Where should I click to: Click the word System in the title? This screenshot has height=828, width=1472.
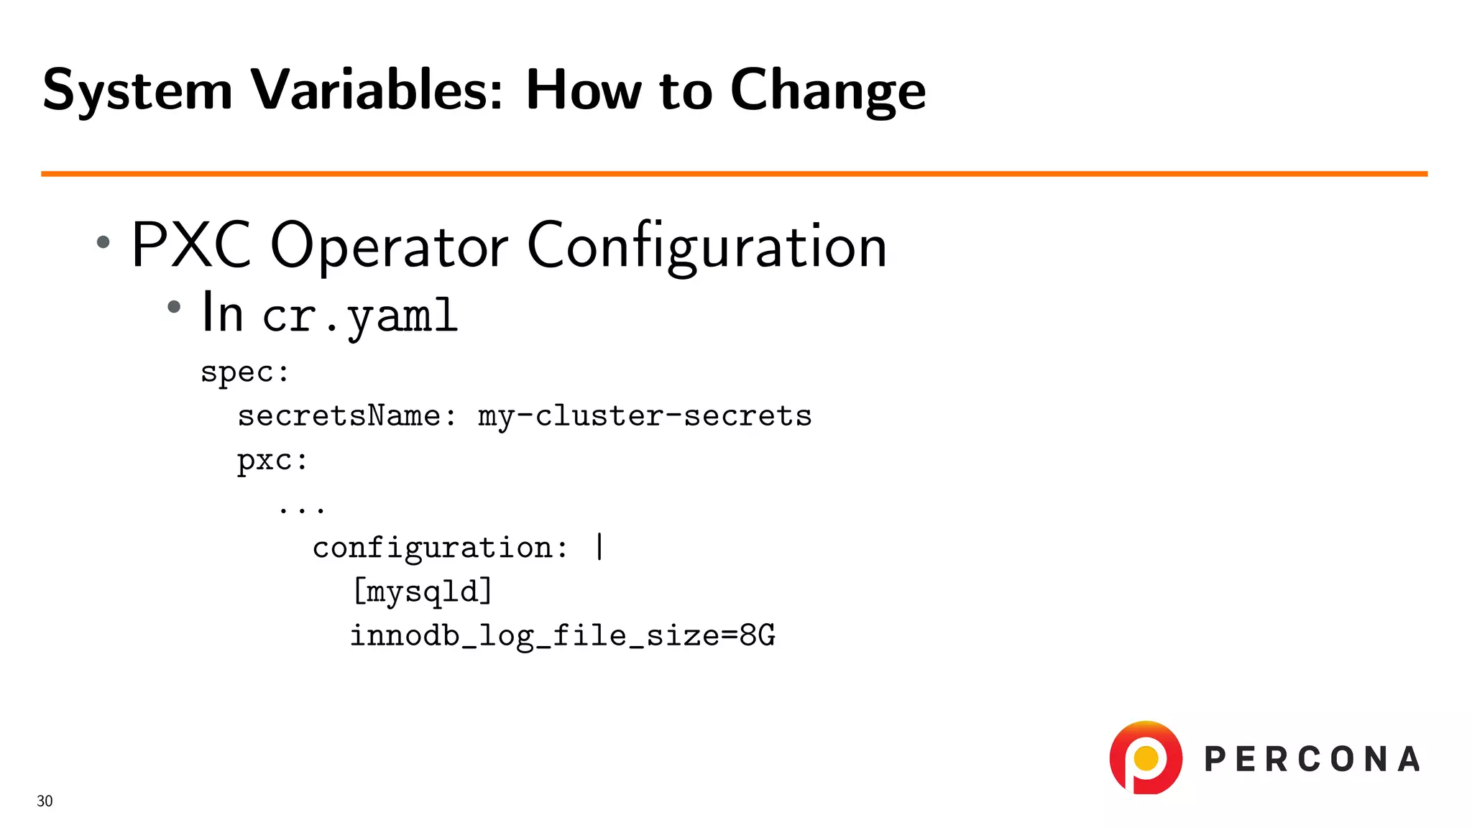pyautogui.click(x=137, y=91)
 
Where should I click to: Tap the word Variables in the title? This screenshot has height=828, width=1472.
pyautogui.click(x=377, y=90)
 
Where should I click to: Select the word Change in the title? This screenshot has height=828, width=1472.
pyautogui.click(x=828, y=91)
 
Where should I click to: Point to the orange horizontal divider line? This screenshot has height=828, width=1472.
pyautogui.click(x=733, y=174)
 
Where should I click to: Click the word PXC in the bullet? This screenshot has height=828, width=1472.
pyautogui.click(x=191, y=245)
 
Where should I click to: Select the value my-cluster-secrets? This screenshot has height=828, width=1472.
pyautogui.click(x=645, y=416)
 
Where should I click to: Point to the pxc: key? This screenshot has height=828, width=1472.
pyautogui.click(x=272, y=461)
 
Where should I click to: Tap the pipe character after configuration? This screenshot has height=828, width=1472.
pyautogui.click(x=600, y=547)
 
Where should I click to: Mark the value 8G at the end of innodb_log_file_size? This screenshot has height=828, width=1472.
pyautogui.click(x=758, y=635)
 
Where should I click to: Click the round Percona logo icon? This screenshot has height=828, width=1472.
pyautogui.click(x=1146, y=758)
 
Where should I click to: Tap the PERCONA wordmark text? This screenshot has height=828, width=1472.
pyautogui.click(x=1312, y=760)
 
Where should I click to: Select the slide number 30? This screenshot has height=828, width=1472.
pyautogui.click(x=45, y=801)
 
